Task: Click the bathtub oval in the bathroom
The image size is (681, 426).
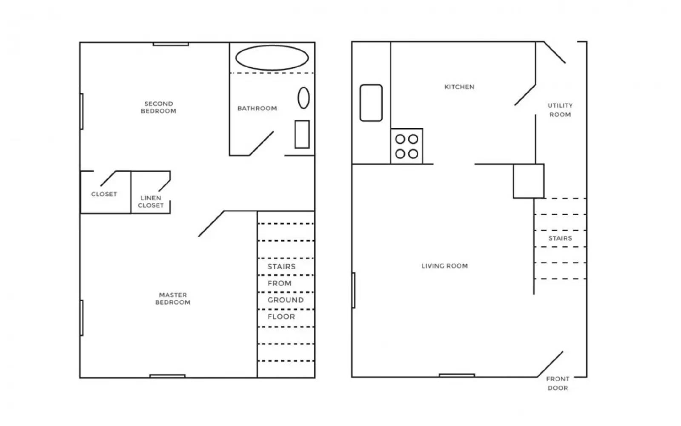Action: coord(272,58)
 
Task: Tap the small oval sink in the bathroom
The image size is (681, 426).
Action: coord(303,98)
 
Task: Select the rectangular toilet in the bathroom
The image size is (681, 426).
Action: coord(302,134)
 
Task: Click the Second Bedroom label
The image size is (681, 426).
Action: coord(158,107)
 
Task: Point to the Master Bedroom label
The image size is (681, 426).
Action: coord(172,299)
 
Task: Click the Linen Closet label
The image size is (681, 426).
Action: coord(151,201)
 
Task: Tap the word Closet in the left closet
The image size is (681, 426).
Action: coord(104,194)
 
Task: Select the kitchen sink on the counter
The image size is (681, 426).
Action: coord(371,103)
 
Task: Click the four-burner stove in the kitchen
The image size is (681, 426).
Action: coord(406,146)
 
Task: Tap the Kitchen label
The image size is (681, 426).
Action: coord(459,87)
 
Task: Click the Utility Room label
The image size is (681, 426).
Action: coord(560,110)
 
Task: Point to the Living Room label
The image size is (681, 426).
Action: coord(444,266)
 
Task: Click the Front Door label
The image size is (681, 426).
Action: coord(558,383)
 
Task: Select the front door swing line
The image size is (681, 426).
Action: coord(550,364)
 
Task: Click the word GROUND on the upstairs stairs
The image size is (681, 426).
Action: coord(285,300)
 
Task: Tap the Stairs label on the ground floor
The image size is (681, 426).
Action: coord(560,239)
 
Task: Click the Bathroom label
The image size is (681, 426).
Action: coord(257,109)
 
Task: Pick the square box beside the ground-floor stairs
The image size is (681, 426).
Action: coord(528,181)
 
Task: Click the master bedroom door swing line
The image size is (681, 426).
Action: coord(211,224)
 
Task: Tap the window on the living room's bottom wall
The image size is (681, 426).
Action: coord(457,375)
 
